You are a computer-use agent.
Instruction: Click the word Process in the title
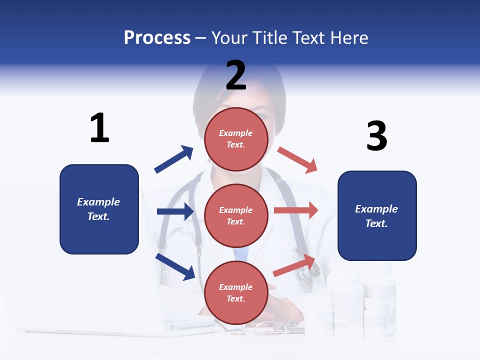pyautogui.click(x=157, y=38)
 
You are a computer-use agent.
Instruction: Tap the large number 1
pyautogui.click(x=99, y=128)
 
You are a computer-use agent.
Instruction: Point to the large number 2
pyautogui.click(x=236, y=75)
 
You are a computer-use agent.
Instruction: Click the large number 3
pyautogui.click(x=376, y=136)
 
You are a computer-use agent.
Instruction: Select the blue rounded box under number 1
pyautogui.click(x=99, y=209)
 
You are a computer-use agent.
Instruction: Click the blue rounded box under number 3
pyautogui.click(x=377, y=215)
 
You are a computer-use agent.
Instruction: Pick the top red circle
pyautogui.click(x=236, y=139)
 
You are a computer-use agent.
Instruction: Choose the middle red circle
pyautogui.click(x=236, y=215)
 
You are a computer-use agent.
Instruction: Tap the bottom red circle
pyautogui.click(x=236, y=292)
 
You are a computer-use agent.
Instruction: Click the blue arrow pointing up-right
pyautogui.click(x=174, y=159)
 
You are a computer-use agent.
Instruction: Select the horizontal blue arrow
pyautogui.click(x=175, y=211)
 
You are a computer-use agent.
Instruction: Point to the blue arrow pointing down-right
pyautogui.click(x=175, y=266)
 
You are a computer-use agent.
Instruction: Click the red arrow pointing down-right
pyautogui.click(x=297, y=159)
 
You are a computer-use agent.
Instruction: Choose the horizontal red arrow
pyautogui.click(x=295, y=210)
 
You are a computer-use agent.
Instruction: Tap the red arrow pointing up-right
pyautogui.click(x=295, y=265)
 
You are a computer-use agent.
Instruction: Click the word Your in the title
pyautogui.click(x=229, y=38)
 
